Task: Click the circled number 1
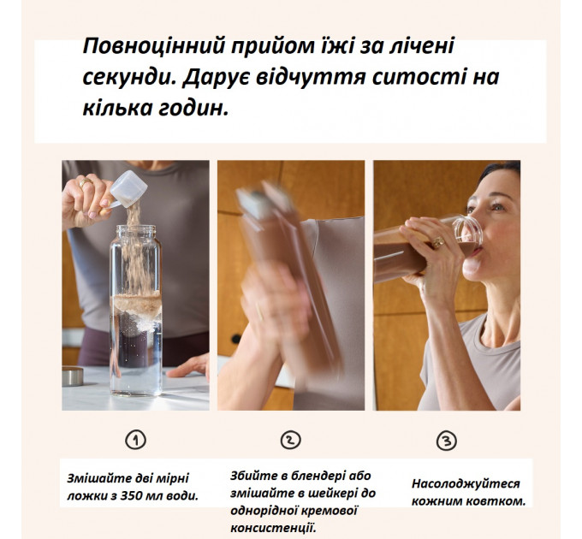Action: click(136, 440)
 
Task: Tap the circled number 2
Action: click(291, 440)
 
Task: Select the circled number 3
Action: click(446, 441)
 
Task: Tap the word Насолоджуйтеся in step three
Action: click(464, 483)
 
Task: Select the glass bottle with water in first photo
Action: click(135, 308)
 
